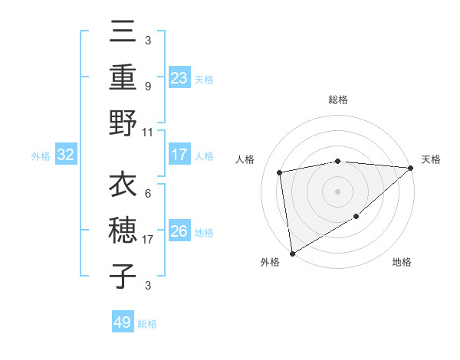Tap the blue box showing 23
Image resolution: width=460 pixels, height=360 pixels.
(179, 78)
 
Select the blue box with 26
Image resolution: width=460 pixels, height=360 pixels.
(179, 231)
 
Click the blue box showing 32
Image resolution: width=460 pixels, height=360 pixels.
(66, 155)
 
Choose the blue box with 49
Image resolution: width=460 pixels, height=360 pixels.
(123, 322)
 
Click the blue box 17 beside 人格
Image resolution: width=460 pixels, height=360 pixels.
(179, 155)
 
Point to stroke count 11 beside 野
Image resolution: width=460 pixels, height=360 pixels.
(148, 132)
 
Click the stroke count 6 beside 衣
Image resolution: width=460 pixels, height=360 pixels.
(147, 194)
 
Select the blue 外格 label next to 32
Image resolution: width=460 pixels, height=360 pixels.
(41, 156)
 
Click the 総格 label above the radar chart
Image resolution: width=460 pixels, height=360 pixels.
(337, 100)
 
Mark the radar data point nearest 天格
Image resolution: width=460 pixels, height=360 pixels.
(411, 168)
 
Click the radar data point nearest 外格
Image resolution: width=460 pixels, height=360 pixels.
(292, 253)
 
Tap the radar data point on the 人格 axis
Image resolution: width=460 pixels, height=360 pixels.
(281, 172)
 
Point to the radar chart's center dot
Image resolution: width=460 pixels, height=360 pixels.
(337, 191)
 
